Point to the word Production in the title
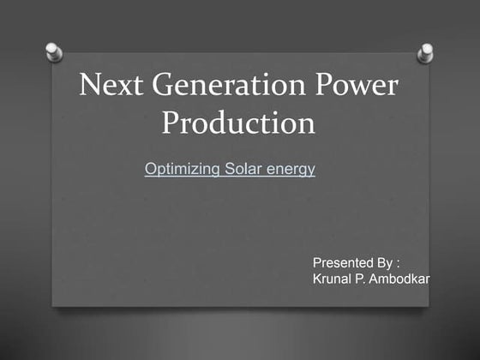pyautogui.click(x=238, y=124)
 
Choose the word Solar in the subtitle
pyautogui.click(x=243, y=169)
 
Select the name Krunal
pyautogui.click(x=335, y=279)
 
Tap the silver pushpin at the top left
pyautogui.click(x=53, y=52)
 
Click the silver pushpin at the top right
pyautogui.click(x=425, y=53)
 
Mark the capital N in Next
pyautogui.click(x=88, y=86)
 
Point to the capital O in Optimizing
pyautogui.click(x=151, y=169)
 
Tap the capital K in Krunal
pyautogui.click(x=317, y=279)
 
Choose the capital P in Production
pyautogui.click(x=170, y=124)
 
